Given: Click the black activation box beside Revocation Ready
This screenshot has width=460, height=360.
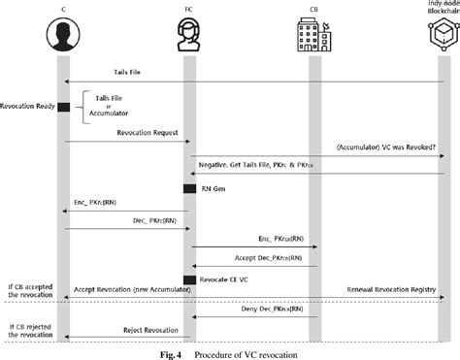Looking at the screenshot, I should tap(63, 108).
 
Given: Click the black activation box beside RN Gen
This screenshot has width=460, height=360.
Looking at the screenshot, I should tap(189, 188).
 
